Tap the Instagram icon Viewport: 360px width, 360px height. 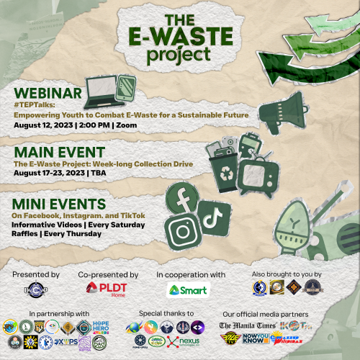(x=183, y=233)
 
